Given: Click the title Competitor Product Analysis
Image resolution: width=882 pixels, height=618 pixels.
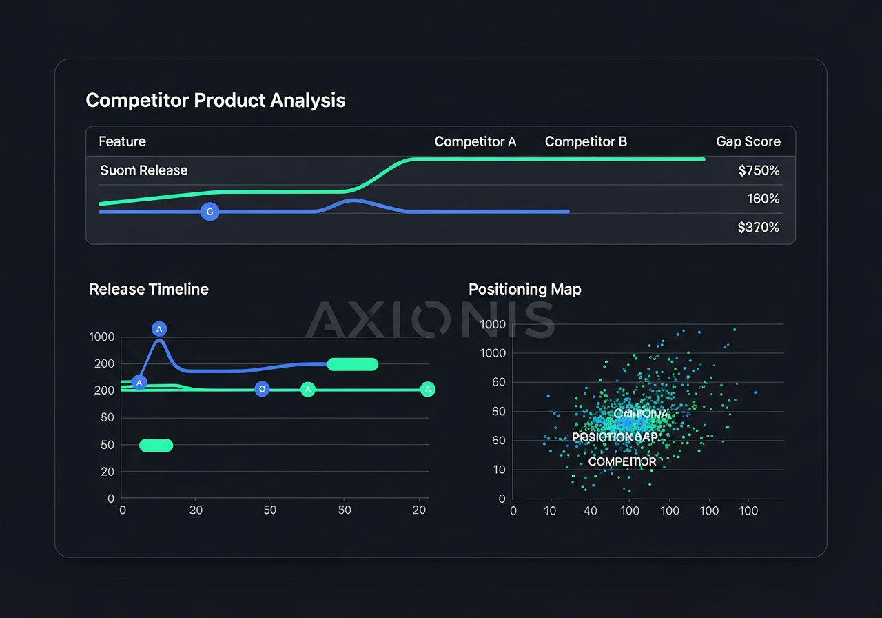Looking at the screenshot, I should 215,101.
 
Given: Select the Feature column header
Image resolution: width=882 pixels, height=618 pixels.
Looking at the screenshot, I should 122,141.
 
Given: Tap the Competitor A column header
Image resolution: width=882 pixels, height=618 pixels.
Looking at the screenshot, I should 475,141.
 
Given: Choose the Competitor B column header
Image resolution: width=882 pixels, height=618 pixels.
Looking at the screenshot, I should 586,141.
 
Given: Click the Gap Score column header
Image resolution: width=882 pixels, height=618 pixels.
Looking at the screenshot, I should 748,141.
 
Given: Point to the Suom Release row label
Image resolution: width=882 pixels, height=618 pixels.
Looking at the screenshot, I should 143,170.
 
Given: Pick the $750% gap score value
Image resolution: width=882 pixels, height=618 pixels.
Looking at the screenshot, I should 759,170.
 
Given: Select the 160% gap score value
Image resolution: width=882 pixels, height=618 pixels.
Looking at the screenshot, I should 763,199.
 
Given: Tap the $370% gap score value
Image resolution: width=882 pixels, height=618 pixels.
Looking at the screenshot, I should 759,227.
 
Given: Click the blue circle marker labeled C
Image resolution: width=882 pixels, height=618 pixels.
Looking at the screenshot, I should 209,212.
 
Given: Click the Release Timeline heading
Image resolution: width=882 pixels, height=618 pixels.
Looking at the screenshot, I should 149,289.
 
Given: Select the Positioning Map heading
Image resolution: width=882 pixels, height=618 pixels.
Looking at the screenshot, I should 524,289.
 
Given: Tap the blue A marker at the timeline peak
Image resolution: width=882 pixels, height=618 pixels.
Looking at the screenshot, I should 159,328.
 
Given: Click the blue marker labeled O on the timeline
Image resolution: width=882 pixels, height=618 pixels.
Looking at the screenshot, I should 261,390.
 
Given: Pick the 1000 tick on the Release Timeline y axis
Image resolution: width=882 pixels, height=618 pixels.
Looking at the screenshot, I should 101,337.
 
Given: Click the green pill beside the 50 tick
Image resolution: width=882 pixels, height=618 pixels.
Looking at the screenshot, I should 156,446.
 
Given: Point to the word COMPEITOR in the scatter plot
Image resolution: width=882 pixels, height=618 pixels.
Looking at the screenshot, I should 622,461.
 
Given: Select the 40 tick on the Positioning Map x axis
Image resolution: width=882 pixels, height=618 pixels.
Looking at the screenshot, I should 590,511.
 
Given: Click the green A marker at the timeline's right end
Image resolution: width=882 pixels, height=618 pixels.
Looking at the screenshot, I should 428,390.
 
